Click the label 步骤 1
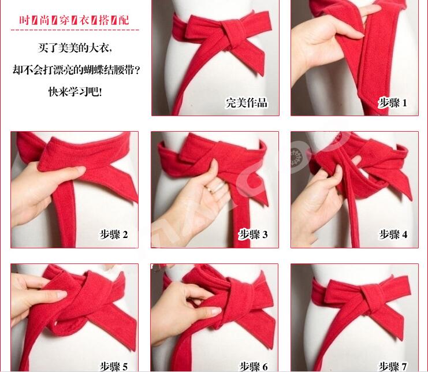point(393,103)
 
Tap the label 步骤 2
point(114,235)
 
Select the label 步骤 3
point(254,235)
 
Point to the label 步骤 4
point(393,235)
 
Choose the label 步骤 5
point(114,366)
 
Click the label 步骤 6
point(254,366)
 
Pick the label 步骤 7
point(393,366)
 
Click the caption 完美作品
point(247,103)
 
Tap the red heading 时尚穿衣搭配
point(74,20)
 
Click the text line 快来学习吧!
point(76,91)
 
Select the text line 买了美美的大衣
point(76,48)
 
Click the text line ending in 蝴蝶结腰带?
point(76,70)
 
